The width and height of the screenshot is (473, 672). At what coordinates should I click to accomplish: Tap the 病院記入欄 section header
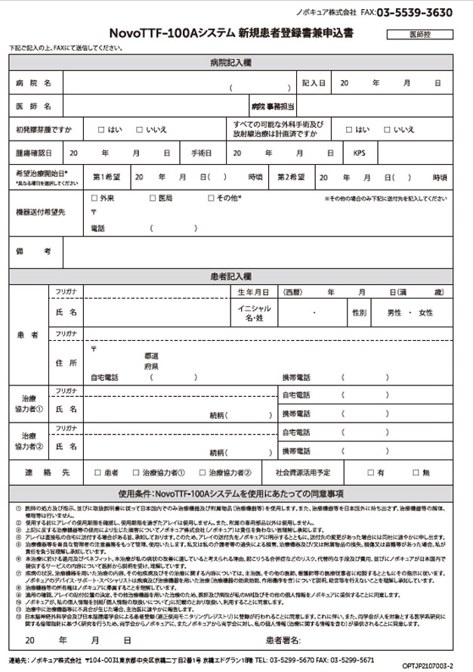[236, 62]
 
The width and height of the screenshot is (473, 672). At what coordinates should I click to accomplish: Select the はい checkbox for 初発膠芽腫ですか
[101, 129]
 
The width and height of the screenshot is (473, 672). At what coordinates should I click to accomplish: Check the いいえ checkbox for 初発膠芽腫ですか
[140, 129]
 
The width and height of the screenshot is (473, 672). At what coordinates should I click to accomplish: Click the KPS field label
[360, 153]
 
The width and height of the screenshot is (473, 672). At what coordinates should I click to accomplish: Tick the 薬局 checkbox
[152, 199]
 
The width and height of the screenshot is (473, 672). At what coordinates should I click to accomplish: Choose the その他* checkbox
[212, 199]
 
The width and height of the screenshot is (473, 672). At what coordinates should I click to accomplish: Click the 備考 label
[33, 250]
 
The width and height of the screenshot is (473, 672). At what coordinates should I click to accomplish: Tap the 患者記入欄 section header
[236, 277]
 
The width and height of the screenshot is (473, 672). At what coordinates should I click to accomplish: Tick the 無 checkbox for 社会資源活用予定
[414, 472]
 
